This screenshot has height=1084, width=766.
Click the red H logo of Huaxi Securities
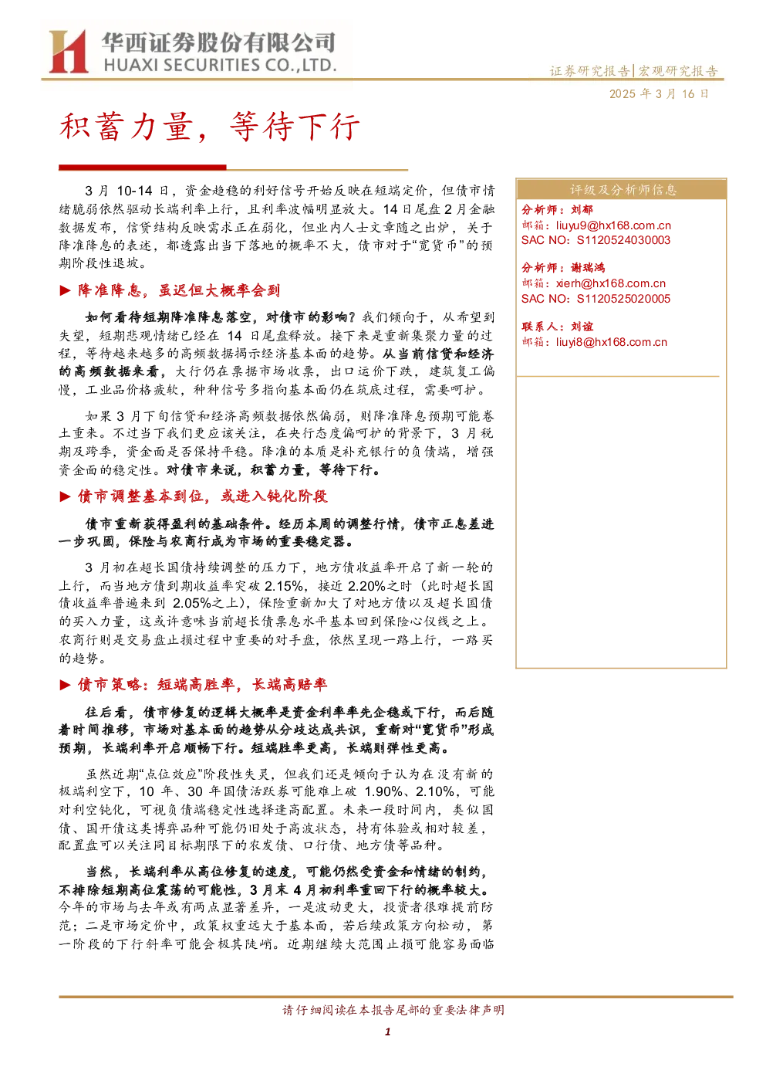tap(68, 51)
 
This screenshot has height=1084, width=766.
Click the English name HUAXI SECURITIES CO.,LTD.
tap(220, 65)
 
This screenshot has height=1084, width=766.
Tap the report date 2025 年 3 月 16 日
tap(659, 93)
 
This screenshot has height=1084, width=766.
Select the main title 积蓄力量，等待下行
tap(209, 127)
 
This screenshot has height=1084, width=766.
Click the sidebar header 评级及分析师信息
tap(623, 190)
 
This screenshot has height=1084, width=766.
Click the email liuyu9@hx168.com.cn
tap(613, 225)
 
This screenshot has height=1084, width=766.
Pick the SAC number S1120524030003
tap(623, 240)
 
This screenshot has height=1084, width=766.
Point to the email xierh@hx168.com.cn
tap(611, 283)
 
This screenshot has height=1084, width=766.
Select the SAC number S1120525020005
tap(623, 299)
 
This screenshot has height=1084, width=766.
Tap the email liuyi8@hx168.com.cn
tap(611, 342)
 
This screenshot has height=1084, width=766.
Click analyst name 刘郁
tap(582, 209)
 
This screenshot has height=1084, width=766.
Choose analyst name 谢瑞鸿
tap(588, 268)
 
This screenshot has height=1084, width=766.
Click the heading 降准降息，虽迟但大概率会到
tap(179, 290)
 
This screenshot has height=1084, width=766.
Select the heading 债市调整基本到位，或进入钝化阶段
tap(203, 496)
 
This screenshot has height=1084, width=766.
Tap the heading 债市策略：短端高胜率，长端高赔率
tap(203, 684)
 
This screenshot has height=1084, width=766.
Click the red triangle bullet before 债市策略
tap(65, 685)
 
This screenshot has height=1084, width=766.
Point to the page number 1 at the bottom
tap(387, 1031)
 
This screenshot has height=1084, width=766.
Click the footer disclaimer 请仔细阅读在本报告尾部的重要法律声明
tap(393, 1010)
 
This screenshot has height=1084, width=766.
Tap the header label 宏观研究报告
tap(677, 71)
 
